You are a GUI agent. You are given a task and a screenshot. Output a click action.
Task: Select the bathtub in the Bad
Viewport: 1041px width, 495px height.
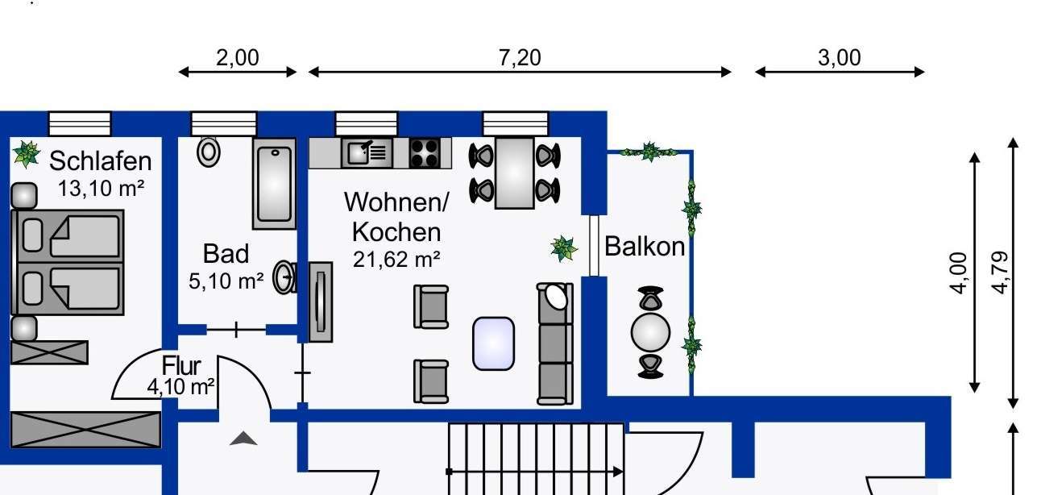[274, 184]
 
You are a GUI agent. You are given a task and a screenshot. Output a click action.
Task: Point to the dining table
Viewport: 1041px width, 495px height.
[515, 173]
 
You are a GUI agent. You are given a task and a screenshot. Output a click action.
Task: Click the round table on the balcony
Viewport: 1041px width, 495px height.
[650, 331]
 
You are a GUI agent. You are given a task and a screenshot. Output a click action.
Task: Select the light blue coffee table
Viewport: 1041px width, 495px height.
[493, 343]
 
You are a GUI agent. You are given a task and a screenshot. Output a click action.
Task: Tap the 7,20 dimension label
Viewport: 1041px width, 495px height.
[520, 58]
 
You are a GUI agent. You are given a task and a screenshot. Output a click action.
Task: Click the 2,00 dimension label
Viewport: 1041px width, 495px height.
[238, 58]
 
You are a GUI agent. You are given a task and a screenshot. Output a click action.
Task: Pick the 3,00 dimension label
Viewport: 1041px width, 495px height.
[840, 58]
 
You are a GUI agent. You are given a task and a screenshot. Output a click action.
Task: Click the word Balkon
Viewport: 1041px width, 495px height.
[644, 247]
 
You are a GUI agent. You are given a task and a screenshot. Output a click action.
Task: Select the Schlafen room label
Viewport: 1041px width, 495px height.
[100, 160]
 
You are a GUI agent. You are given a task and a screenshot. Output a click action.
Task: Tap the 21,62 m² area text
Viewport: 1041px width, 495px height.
[396, 260]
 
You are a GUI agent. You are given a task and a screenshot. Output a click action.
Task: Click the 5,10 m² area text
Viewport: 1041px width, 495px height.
[225, 281]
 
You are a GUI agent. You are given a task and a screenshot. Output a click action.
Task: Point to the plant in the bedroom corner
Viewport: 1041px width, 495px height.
[26, 153]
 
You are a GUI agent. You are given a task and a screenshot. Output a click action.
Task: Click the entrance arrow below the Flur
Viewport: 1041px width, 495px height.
[243, 439]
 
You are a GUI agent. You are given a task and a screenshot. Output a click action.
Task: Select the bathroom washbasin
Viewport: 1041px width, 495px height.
[284, 277]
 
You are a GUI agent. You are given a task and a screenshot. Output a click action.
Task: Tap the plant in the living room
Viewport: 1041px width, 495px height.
[564, 248]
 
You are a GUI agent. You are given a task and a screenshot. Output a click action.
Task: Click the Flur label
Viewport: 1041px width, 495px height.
[181, 367]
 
